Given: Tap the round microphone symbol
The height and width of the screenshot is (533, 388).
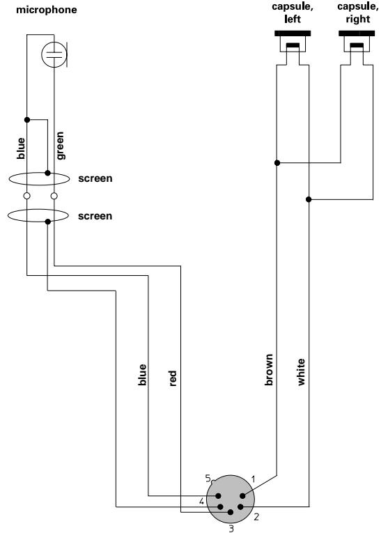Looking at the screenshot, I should [x=53, y=55].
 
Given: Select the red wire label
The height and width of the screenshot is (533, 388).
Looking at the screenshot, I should [x=173, y=378].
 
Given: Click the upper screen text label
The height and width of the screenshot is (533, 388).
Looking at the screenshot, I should [x=95, y=179].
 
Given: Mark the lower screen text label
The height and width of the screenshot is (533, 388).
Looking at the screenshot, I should [x=95, y=216].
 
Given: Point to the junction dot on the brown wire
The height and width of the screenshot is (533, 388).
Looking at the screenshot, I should [x=277, y=163].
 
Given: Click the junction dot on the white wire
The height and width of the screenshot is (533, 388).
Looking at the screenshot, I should [x=309, y=200].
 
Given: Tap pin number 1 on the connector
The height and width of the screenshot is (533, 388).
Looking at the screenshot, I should [x=254, y=479].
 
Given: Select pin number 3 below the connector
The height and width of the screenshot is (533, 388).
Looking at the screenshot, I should [x=232, y=527].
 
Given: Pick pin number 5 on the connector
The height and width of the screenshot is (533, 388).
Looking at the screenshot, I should [x=208, y=479].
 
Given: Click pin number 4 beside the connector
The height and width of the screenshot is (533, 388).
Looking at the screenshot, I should [x=202, y=501].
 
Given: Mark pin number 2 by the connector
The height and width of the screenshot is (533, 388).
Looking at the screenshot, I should [x=256, y=516].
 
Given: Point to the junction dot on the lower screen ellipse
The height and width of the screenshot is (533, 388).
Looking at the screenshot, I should [x=47, y=222].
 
